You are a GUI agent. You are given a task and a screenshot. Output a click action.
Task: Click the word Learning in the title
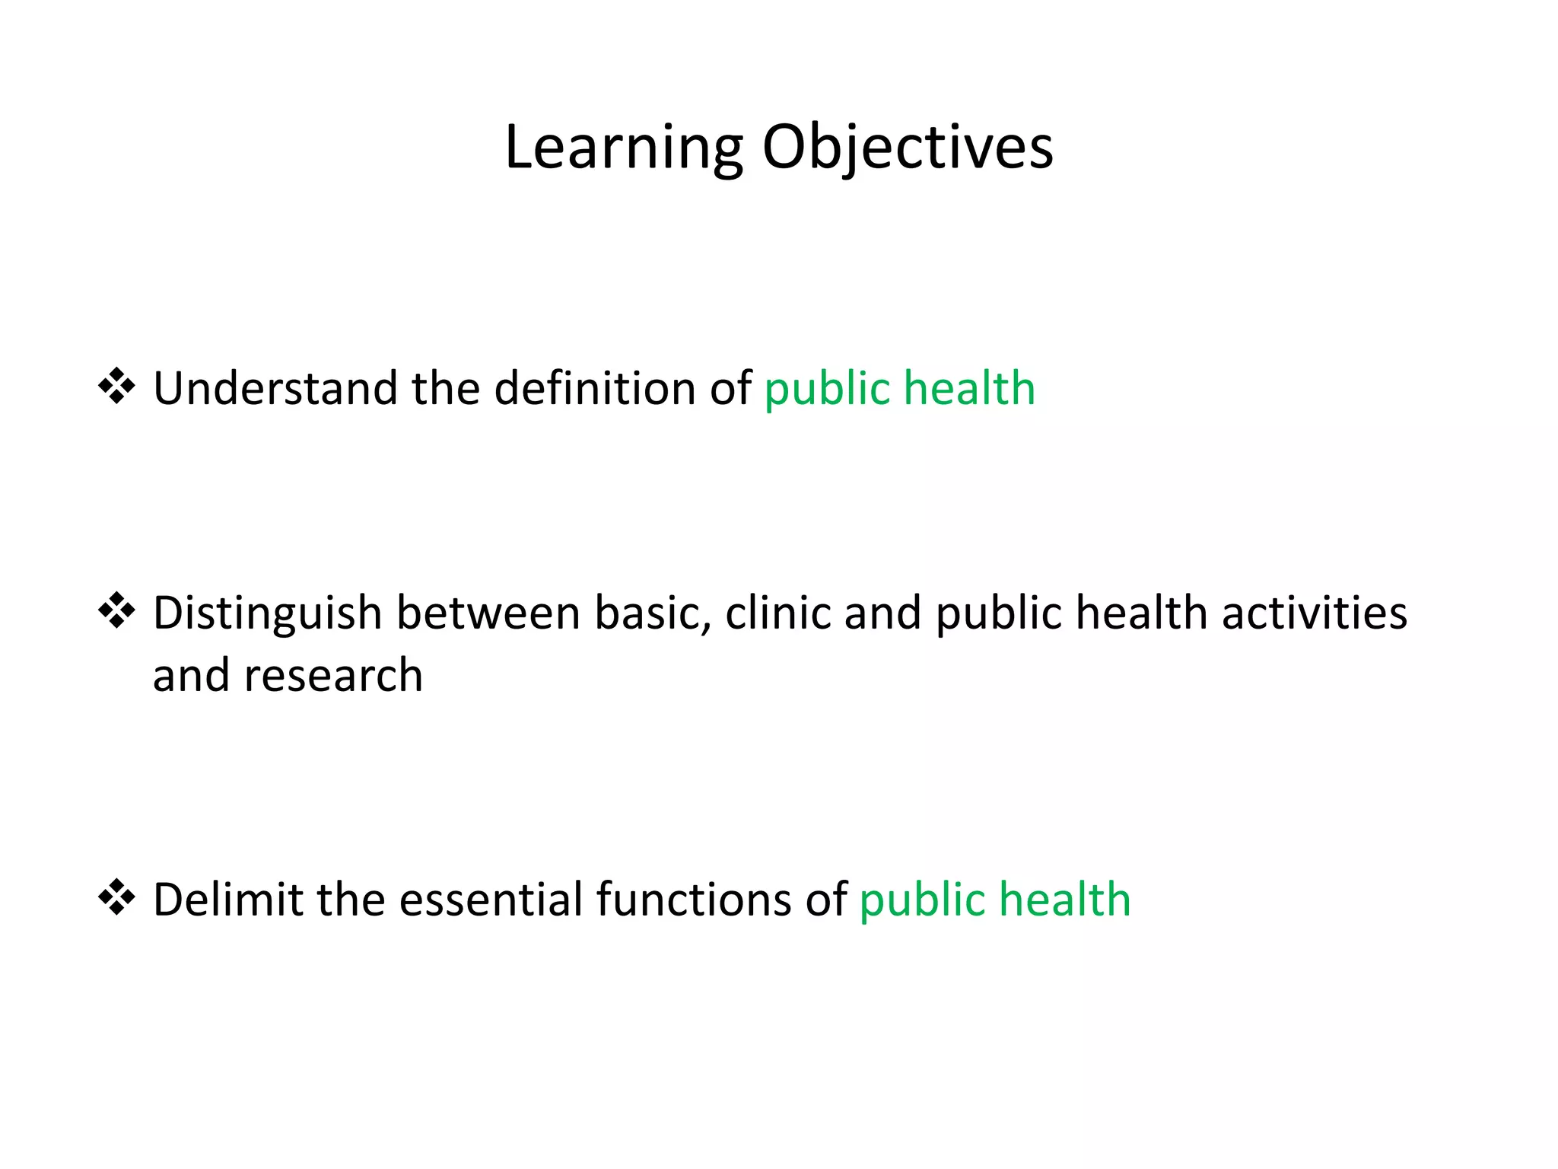pyautogui.click(x=623, y=148)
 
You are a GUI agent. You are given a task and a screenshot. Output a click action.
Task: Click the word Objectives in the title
pyautogui.click(x=908, y=148)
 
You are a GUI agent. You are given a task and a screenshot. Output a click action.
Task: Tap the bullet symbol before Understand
pyautogui.click(x=116, y=386)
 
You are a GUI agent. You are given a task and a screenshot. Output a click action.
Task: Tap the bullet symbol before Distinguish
pyautogui.click(x=116, y=610)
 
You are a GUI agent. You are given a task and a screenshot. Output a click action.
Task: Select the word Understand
pyautogui.click(x=275, y=388)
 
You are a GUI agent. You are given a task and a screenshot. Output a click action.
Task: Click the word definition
pyautogui.click(x=595, y=388)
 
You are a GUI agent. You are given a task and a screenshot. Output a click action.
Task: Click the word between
pyautogui.click(x=488, y=613)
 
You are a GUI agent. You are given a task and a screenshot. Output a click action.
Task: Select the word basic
pyautogui.click(x=652, y=613)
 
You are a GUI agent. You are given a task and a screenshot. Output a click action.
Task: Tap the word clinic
pyautogui.click(x=777, y=613)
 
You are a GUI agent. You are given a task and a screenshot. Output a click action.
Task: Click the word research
pyautogui.click(x=333, y=676)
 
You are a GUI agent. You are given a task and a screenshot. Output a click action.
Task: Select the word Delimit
pyautogui.click(x=227, y=899)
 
